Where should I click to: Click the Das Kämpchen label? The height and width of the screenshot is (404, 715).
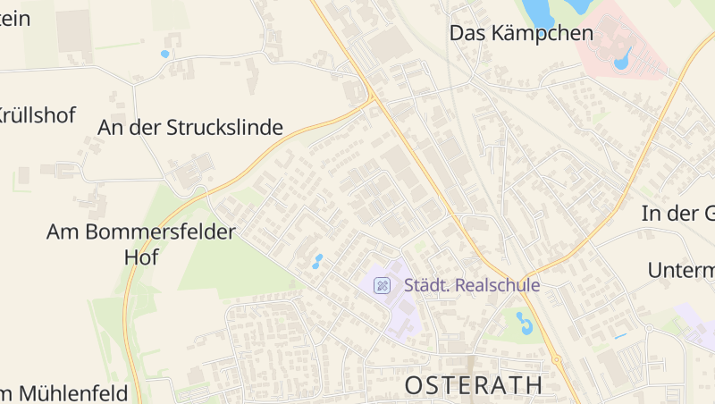tap(521, 34)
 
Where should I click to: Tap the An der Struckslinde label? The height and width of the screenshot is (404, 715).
tap(189, 128)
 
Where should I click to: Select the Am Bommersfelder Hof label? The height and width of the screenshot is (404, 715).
tap(140, 232)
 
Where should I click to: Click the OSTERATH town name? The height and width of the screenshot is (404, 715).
tap(474, 385)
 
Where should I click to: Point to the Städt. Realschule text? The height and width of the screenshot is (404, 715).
tap(472, 286)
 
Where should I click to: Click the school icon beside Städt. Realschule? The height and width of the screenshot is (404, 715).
tap(382, 286)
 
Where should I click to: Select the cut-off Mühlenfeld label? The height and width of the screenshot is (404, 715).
tap(67, 392)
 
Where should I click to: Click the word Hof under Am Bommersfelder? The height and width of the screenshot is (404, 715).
tap(140, 257)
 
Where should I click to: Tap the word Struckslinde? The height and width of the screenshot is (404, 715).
tap(224, 128)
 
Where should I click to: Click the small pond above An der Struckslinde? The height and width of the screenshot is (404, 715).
tap(164, 54)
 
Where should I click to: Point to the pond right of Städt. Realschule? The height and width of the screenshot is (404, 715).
tap(524, 323)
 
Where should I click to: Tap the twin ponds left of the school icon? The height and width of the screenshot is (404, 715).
tap(316, 262)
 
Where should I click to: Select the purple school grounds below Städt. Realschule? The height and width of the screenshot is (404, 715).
tap(402, 313)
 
